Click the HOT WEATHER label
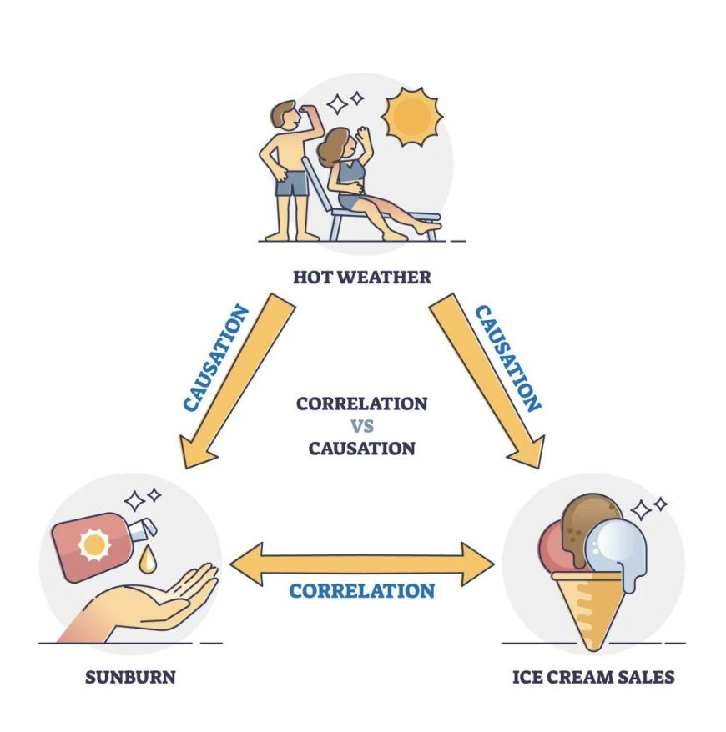point(361,277)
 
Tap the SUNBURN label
point(130,676)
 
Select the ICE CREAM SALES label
point(592,676)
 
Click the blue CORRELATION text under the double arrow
point(361,591)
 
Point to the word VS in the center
point(361,425)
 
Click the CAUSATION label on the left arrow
point(215,358)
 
